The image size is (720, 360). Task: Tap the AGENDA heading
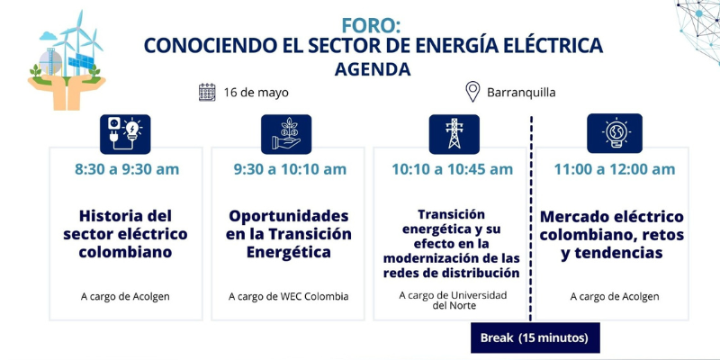coord(373,69)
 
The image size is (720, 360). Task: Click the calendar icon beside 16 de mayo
coord(207,93)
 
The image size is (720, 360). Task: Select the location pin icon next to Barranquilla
coord(472,92)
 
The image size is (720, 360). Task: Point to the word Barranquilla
coord(521,93)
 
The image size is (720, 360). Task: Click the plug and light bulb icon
coord(125,134)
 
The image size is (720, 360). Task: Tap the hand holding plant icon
coord(286,134)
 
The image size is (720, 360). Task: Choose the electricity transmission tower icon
coord(454,133)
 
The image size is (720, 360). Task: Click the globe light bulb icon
coord(615,133)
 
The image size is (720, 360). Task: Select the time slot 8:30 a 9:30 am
coord(127,169)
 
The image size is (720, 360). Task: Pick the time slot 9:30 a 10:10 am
coord(290,169)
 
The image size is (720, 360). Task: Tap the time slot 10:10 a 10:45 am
coord(453,169)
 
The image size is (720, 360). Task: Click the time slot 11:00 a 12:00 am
coord(615,169)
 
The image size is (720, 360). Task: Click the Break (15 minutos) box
coord(535,338)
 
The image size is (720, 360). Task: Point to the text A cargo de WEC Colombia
coord(288,297)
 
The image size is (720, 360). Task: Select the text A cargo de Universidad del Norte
coord(453,300)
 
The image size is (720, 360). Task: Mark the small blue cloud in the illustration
coord(49,35)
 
